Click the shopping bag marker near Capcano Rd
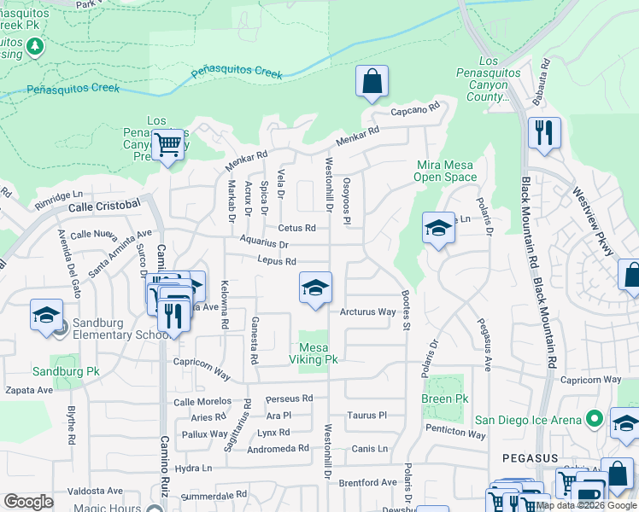pos(372,83)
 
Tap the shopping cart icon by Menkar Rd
pos(168,144)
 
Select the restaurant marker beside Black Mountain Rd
pos(543,133)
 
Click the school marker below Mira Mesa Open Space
pos(438,228)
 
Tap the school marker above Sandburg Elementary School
pos(46,316)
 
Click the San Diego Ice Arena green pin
pos(595,419)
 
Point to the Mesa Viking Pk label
pos(319,353)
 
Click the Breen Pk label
pos(445,399)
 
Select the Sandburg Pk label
pos(67,371)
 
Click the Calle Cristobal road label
pos(103,205)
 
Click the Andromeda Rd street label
pos(279,448)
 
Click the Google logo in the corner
pos(29,502)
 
